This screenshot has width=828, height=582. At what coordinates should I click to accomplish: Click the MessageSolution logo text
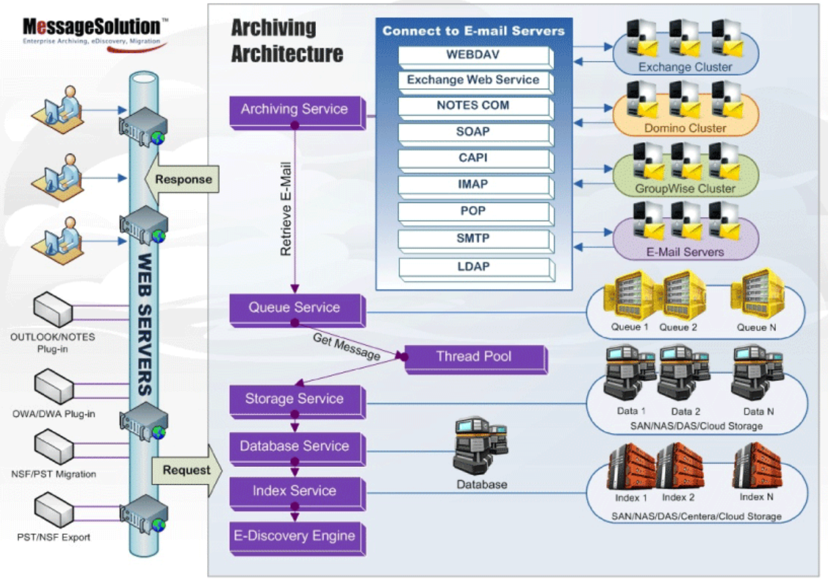coord(91,26)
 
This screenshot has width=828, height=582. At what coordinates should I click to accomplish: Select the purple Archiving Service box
coord(295,110)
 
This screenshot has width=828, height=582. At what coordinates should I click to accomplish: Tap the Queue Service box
coord(295,308)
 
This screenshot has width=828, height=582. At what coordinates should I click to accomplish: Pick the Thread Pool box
coord(474,357)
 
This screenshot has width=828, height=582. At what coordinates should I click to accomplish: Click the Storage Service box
coord(295,399)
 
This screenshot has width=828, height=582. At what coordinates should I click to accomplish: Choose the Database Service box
coord(295,447)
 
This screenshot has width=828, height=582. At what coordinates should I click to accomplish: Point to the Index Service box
coord(295,491)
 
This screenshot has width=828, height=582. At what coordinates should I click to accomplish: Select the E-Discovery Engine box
coord(295,537)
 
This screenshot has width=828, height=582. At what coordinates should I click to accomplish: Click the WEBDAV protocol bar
coord(474,55)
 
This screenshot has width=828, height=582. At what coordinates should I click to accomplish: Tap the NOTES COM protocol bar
coord(474,106)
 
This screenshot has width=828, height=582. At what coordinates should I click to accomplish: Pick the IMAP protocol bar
coord(474,184)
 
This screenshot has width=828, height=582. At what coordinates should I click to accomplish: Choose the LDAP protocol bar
coord(474,267)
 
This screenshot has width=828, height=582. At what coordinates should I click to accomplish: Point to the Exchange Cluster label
coord(685,67)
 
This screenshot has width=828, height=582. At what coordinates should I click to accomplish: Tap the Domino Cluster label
coord(685,128)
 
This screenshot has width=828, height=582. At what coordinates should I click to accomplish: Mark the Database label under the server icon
coord(482,485)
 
